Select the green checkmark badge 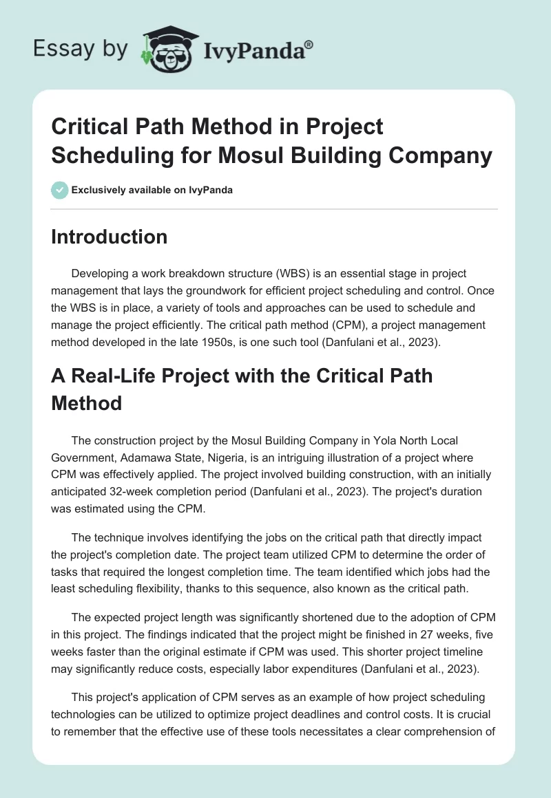(x=59, y=190)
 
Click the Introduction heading (x=110, y=237)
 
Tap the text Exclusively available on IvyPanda (x=152, y=190)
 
